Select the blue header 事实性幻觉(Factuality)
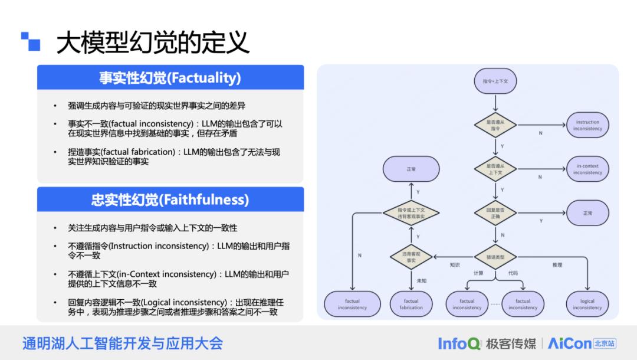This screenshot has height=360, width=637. [x=170, y=78]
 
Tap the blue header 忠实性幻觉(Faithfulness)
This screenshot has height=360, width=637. [x=170, y=200]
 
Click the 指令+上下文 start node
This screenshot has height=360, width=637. [x=495, y=81]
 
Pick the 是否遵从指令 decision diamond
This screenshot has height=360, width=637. [x=495, y=125]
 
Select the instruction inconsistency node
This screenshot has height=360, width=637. [x=587, y=125]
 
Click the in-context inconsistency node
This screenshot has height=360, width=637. [x=587, y=169]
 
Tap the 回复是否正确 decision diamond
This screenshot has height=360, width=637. [x=495, y=213]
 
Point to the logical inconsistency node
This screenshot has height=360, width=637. [x=587, y=304]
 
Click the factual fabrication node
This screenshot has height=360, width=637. [x=411, y=304]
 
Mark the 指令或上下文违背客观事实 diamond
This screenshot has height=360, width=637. [x=411, y=213]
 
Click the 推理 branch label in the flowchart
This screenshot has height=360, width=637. [x=557, y=265]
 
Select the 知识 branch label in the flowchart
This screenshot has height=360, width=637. [x=454, y=265]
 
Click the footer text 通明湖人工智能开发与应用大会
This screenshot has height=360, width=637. [x=123, y=343]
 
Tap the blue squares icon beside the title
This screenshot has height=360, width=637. [x=31, y=41]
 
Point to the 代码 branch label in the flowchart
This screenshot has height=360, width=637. [x=513, y=273]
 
